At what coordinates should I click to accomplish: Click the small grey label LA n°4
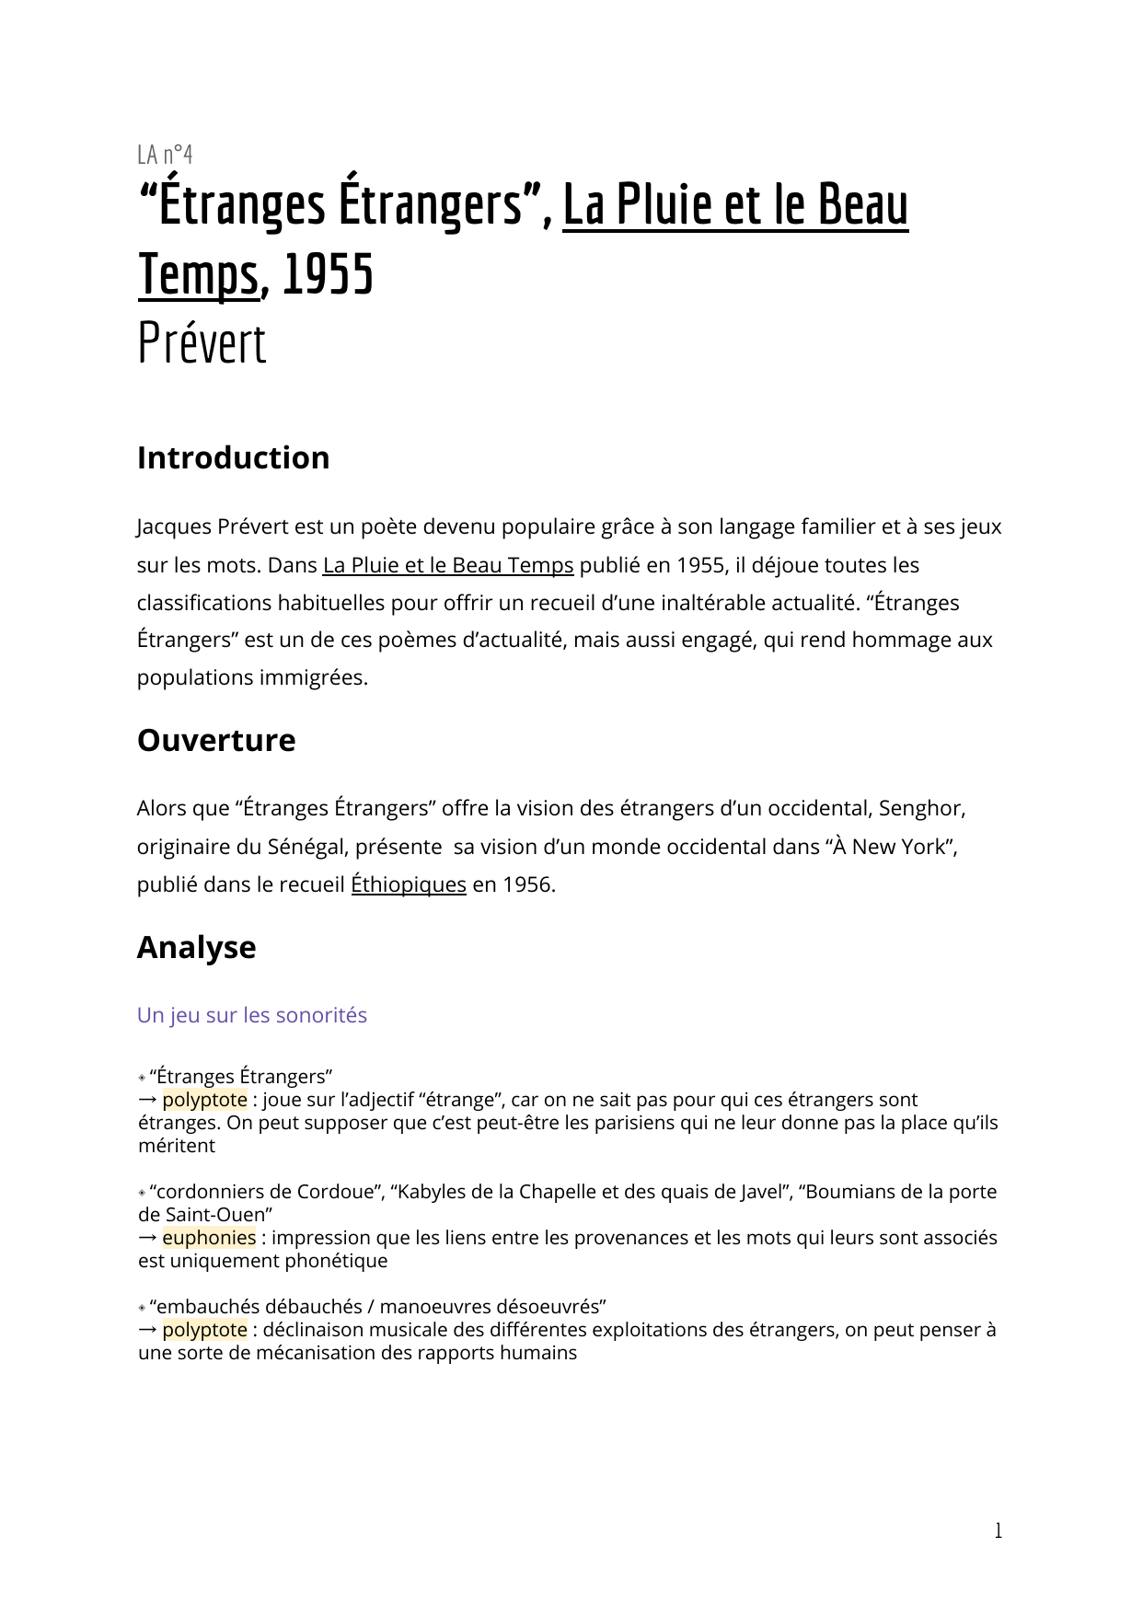coord(165,154)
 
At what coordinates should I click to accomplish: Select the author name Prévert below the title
coord(202,344)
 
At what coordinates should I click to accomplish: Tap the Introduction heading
coord(233,457)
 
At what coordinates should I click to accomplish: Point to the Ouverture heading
coord(216,740)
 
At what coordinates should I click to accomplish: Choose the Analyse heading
coord(196,947)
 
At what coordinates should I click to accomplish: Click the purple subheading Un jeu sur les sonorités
coord(252,1015)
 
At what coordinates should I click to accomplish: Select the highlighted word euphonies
coord(209,1238)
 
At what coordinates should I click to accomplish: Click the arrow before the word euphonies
coord(147,1238)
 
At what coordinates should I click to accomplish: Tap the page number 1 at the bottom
coord(998,1530)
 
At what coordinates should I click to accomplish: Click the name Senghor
coord(920,808)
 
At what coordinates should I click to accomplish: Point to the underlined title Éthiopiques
coord(409,884)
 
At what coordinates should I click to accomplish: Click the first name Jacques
coord(174,527)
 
